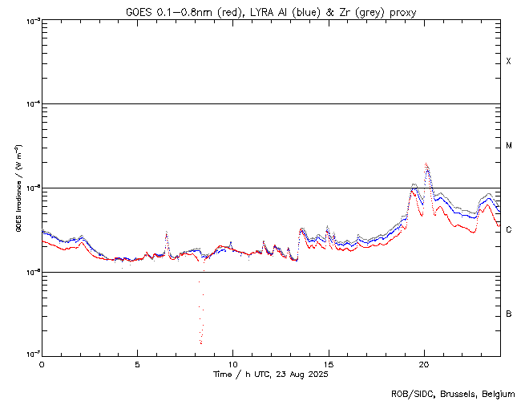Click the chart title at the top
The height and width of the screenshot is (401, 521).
pos(271,12)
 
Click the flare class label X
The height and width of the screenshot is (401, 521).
pos(508,62)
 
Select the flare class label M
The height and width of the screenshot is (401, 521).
pos(509,146)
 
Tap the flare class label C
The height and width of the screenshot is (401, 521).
pos(508,230)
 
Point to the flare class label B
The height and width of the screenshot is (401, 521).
pos(508,314)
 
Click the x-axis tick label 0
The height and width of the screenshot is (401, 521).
pos(42,363)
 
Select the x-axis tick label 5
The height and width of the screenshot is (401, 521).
pos(137,363)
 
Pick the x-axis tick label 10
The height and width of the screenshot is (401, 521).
pos(232,363)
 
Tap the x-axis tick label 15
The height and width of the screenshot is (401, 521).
pos(328,363)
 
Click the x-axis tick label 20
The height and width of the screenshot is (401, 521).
pos(424,363)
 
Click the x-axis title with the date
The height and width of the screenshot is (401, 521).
pos(271,375)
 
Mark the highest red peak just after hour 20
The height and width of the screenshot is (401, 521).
pos(426,164)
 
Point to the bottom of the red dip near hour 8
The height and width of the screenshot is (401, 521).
pos(200,343)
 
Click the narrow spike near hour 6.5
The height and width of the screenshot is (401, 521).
pos(167,233)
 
